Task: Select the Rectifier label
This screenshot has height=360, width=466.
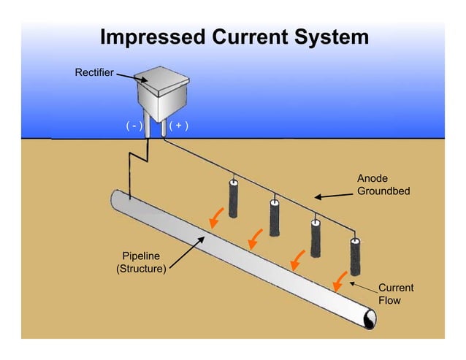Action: point(93,72)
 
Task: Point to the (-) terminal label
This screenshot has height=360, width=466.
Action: point(133,126)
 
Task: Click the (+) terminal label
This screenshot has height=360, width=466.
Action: point(178,126)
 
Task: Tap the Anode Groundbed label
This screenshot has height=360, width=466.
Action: point(383,185)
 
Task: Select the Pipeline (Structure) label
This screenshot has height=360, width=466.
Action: point(141,262)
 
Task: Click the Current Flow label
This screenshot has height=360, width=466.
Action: point(395,294)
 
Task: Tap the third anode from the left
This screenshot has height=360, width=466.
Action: point(316,238)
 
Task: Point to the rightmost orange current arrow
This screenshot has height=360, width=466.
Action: point(339,280)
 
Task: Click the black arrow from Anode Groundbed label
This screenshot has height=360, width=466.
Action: point(333,195)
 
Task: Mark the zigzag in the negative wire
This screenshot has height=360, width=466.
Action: point(139,158)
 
